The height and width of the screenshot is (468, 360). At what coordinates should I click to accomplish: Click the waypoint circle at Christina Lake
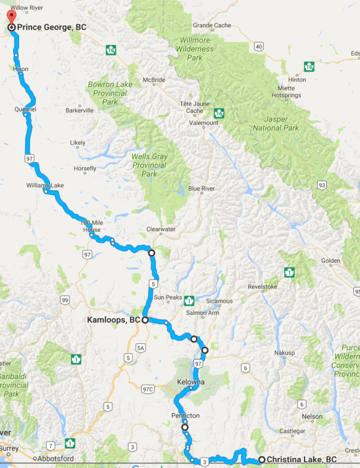pyautogui.click(x=261, y=459)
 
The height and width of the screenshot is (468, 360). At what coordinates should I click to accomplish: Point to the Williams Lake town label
pyautogui.click(x=45, y=185)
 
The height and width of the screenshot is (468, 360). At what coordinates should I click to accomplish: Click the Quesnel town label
pyautogui.click(x=25, y=109)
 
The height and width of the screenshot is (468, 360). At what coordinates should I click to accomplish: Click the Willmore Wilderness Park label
pyautogui.click(x=195, y=50)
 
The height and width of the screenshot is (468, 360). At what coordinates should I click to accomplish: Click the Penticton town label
pyautogui.click(x=184, y=416)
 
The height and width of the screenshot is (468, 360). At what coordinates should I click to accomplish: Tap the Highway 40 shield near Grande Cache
pyautogui.click(x=258, y=46)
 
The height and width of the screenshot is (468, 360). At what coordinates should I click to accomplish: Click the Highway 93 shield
pyautogui.click(x=321, y=184)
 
